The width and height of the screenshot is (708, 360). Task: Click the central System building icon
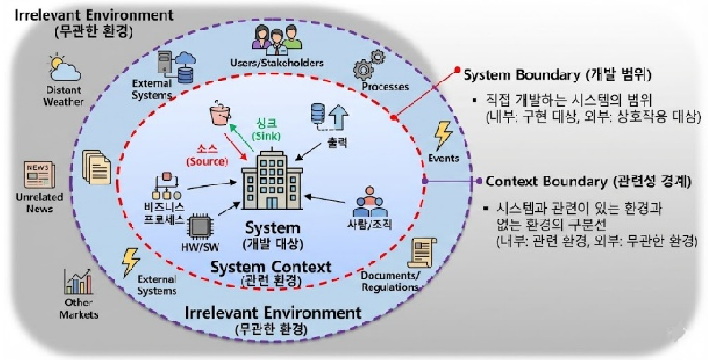click(x=271, y=184)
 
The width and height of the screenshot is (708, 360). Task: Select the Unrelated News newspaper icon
click(x=38, y=174)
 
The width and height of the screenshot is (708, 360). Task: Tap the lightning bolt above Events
click(x=443, y=135)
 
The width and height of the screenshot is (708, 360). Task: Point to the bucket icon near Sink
click(x=219, y=116)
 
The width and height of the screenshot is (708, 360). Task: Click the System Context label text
click(x=271, y=267)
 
